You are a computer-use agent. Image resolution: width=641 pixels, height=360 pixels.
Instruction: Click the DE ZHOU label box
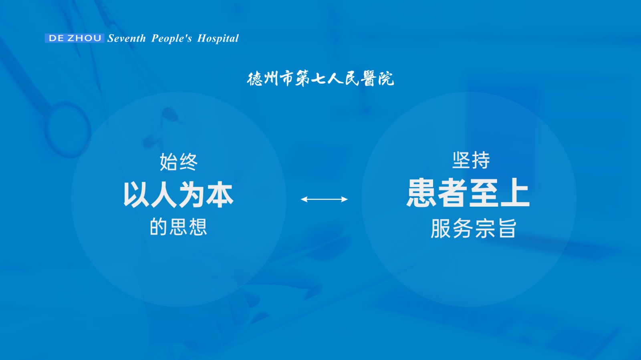pyautogui.click(x=75, y=38)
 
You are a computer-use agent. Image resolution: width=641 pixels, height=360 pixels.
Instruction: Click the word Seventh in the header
pyautogui.click(x=127, y=38)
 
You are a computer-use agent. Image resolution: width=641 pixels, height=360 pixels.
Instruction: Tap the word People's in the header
pyautogui.click(x=171, y=38)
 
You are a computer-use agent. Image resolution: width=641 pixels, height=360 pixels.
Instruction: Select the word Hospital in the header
pyautogui.click(x=218, y=38)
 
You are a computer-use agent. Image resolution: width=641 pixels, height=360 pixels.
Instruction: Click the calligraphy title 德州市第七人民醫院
pyautogui.click(x=320, y=78)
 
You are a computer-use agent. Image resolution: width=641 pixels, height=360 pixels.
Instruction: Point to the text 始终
pyautogui.click(x=179, y=162)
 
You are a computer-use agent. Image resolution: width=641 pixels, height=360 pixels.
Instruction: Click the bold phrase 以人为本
pyautogui.click(x=178, y=195)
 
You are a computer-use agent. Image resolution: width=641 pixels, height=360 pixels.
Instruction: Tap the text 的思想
pyautogui.click(x=178, y=227)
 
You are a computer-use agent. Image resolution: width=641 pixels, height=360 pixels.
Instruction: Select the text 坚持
pyautogui.click(x=471, y=160)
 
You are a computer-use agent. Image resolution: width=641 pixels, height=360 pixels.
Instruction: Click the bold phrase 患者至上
pyautogui.click(x=468, y=193)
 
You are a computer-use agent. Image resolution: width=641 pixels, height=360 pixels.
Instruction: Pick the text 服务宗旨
pyautogui.click(x=474, y=228)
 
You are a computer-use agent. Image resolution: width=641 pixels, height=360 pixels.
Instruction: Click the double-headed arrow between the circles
pyautogui.click(x=324, y=199)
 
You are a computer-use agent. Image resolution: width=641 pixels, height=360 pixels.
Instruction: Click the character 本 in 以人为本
pyautogui.click(x=220, y=195)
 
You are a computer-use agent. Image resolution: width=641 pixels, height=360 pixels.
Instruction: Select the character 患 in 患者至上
pyautogui.click(x=421, y=193)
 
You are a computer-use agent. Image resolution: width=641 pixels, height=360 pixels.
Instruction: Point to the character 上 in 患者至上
pyautogui.click(x=515, y=193)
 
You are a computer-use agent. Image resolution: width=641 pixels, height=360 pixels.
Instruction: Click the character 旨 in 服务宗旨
pyautogui.click(x=507, y=228)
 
